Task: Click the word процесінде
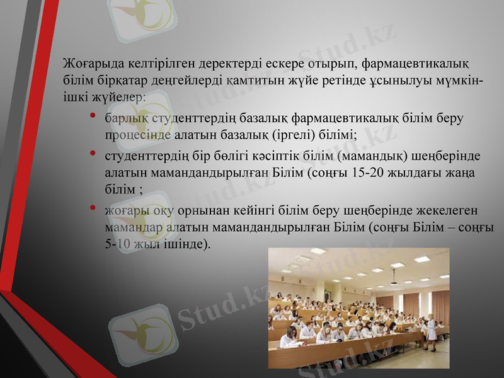pyautogui.click(x=135, y=134)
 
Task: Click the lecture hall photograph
pyautogui.click(x=358, y=308)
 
